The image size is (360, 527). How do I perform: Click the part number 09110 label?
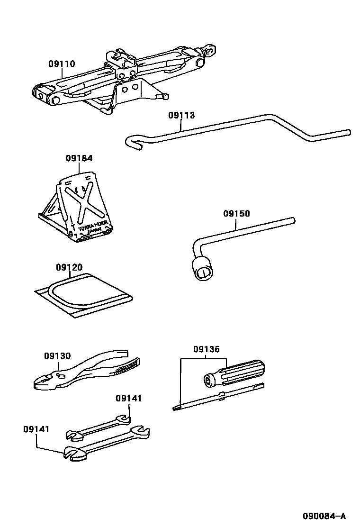click(x=62, y=64)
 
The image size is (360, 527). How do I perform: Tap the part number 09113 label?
click(x=181, y=115)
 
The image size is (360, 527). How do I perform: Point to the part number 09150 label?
click(x=236, y=214)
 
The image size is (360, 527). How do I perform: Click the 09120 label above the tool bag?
click(x=69, y=267)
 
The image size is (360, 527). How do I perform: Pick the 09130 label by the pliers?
click(x=57, y=356)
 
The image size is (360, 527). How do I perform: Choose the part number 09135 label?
click(x=206, y=350)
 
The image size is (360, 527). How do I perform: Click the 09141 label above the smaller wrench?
click(x=128, y=399)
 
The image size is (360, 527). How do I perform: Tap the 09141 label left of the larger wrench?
click(x=36, y=429)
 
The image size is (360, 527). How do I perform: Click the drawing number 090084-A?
click(x=325, y=516)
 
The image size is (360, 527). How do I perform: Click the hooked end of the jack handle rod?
click(x=133, y=142)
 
